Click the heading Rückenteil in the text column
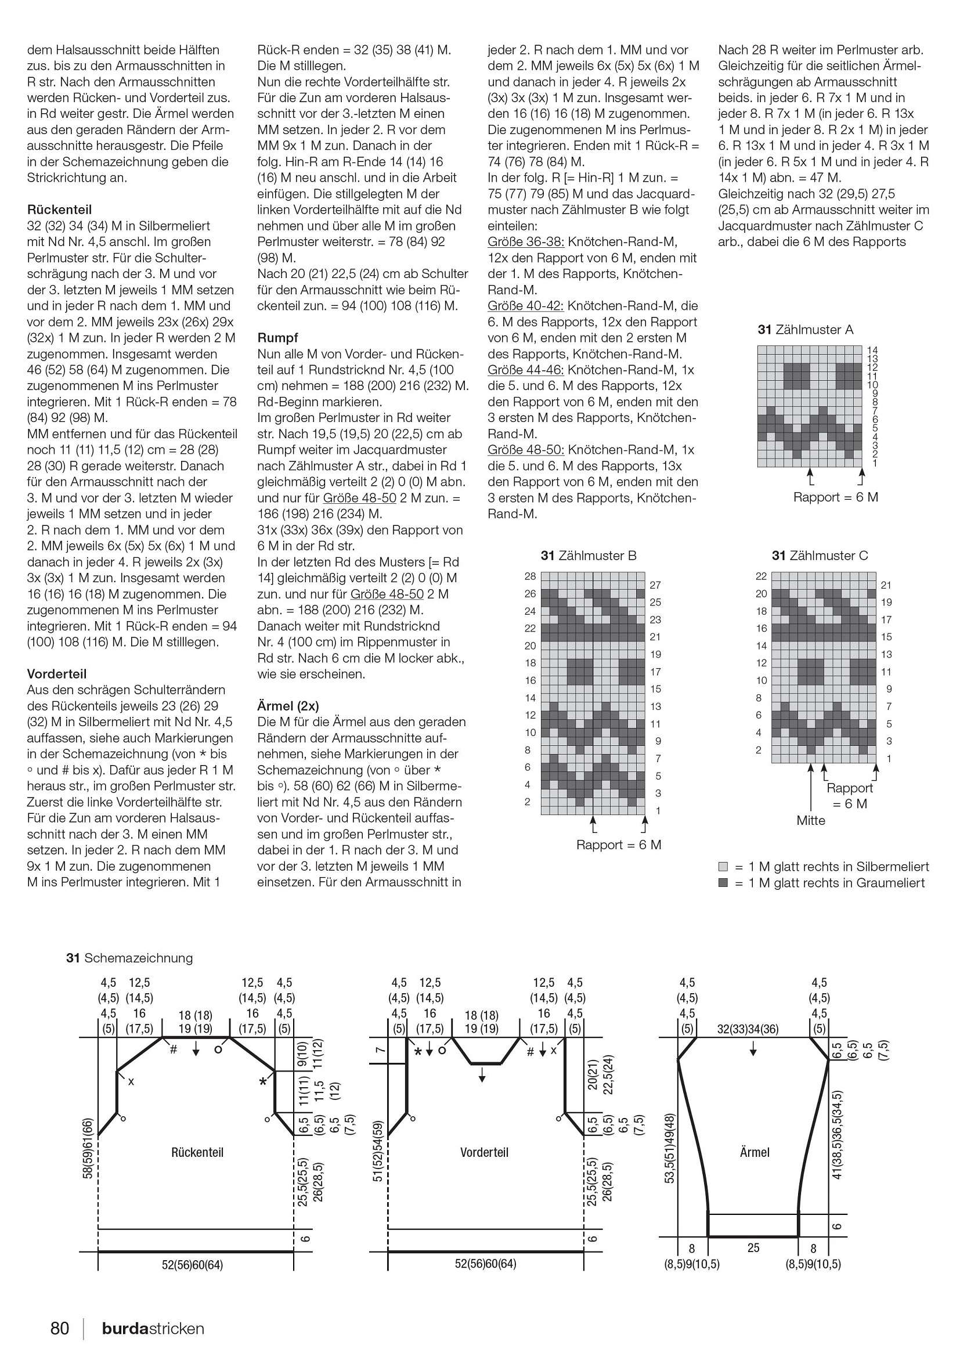tap(60, 210)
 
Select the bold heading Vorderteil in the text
tap(56, 674)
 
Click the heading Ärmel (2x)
tap(288, 706)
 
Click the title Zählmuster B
tap(589, 556)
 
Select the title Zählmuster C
tap(820, 556)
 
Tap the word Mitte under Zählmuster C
tap(811, 820)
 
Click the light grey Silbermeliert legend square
tap(723, 867)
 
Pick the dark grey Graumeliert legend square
tap(723, 883)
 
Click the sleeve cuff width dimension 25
tap(753, 1247)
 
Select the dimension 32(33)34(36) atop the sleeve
tap(748, 1029)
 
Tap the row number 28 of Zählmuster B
tap(530, 576)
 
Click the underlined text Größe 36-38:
tap(525, 241)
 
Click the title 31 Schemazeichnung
tap(130, 958)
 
